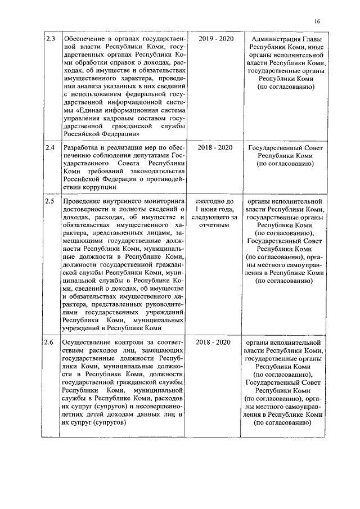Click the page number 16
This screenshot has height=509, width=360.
[x=318, y=21]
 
